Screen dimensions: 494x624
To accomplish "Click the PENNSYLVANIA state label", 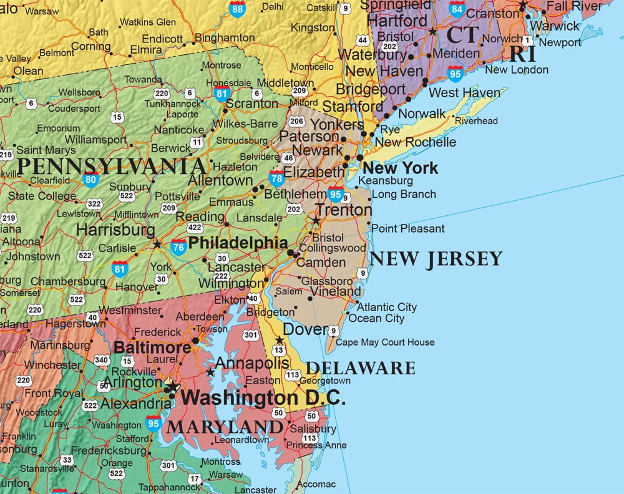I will pos(112,167).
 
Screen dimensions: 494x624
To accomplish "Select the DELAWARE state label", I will pos(360,367).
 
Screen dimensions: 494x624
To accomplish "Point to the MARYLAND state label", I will pos(225,427).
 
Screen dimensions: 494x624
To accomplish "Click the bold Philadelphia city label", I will pos(238,243).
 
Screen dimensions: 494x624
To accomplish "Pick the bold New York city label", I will pos(400,168).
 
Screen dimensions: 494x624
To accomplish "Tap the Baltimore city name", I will pos(152,347).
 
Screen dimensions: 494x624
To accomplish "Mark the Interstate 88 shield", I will pos(236,8).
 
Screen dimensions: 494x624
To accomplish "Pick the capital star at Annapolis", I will pos(210,372).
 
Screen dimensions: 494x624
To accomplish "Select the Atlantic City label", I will pos(386,307).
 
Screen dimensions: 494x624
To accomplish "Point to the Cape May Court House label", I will pos(385,342).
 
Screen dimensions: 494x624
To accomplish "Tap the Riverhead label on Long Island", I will pos(476,121).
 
